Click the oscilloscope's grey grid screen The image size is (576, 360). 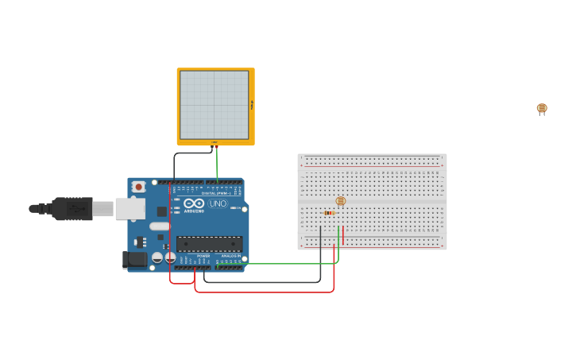click(215, 105)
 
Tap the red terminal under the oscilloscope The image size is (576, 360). click(216, 147)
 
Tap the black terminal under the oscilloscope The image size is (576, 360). click(212, 147)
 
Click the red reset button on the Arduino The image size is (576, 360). click(138, 187)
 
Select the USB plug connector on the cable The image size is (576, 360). click(72, 208)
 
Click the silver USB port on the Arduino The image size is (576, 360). click(130, 208)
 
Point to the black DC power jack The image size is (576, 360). click(135, 259)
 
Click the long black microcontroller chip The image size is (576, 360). click(209, 244)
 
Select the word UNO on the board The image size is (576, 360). click(218, 203)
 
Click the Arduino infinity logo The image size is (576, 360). click(194, 203)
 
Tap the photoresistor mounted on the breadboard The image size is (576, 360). click(341, 201)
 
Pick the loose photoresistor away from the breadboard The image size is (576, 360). click(542, 108)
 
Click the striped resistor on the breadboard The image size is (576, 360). click(329, 213)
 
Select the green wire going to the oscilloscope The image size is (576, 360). click(217, 163)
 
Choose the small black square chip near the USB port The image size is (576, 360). click(162, 211)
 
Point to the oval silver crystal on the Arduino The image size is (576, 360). click(160, 226)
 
